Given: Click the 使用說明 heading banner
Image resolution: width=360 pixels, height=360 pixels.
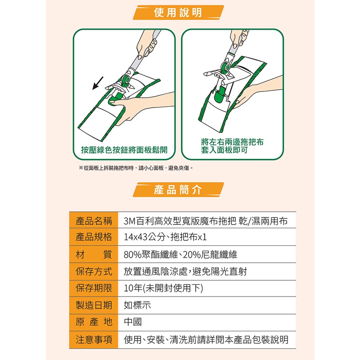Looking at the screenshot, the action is [178, 13].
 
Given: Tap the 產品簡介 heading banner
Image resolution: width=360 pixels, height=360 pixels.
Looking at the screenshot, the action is [178, 189].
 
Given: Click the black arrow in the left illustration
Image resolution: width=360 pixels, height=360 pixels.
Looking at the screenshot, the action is [98, 83].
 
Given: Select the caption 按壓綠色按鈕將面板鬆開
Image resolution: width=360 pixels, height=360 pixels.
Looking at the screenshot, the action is [124, 150].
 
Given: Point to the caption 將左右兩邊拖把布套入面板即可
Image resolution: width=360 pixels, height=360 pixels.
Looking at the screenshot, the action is [232, 146].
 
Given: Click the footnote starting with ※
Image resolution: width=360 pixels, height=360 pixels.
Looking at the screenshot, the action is [136, 168].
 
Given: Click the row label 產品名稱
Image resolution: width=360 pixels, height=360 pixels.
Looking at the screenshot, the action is [94, 221].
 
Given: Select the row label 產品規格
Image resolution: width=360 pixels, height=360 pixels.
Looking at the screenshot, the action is [94, 237].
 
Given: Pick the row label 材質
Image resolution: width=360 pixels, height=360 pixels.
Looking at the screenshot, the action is [94, 254].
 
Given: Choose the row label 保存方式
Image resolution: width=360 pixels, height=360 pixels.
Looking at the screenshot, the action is [94, 271].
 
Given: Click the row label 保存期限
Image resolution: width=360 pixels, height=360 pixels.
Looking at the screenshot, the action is [94, 288].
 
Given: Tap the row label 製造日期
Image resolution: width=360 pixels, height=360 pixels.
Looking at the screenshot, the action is [94, 305].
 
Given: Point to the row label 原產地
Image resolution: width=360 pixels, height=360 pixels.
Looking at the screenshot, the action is [94, 322].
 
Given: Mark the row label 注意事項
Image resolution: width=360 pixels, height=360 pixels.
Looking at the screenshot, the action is [94, 340].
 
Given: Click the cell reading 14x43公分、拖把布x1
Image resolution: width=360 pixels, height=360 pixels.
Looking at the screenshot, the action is [165, 237].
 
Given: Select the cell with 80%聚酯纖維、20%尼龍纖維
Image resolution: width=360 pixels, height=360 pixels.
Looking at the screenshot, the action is [180, 254].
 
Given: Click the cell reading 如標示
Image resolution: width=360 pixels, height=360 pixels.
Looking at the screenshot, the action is [137, 305].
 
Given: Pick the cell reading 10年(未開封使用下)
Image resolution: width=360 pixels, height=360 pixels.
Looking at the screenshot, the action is [163, 288].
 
